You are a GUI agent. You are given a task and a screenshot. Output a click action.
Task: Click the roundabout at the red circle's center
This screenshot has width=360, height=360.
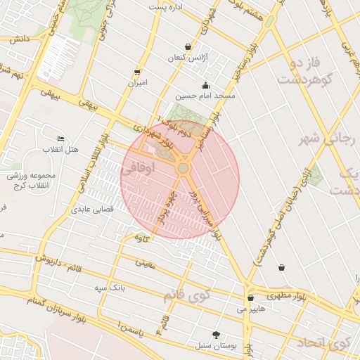(x=183, y=169)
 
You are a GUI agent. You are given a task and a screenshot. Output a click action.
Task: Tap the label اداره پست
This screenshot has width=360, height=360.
(x=166, y=7)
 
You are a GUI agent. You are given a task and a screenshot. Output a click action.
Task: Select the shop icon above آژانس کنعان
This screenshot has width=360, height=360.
(x=187, y=46)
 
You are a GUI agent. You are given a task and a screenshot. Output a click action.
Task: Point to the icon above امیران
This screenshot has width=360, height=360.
(x=137, y=72)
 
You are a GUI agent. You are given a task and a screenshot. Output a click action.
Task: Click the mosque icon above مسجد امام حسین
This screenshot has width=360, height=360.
(x=205, y=85)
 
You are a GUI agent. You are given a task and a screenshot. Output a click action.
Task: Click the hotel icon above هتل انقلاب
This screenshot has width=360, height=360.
(x=60, y=139)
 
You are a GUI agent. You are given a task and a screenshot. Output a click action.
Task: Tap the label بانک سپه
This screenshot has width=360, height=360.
(x=110, y=288)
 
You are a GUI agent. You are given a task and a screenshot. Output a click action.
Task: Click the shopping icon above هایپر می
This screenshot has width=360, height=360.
(x=250, y=297)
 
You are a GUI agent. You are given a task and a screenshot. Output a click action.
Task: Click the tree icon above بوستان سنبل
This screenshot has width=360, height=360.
(x=215, y=335)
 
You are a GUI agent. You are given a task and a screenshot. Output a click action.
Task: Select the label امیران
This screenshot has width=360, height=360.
(x=137, y=83)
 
